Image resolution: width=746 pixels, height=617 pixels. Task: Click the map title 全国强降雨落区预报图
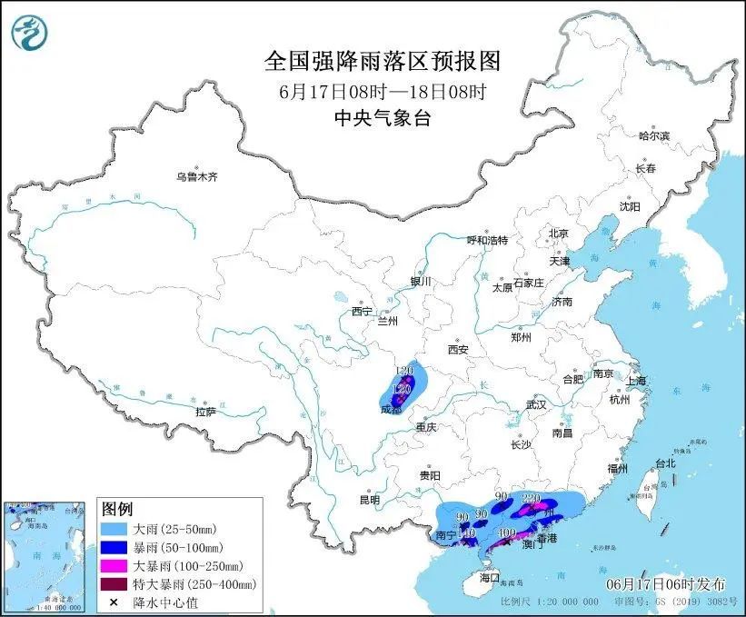click(382, 62)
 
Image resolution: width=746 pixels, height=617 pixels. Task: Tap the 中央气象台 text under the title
click(382, 116)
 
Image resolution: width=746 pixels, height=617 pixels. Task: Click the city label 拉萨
click(205, 412)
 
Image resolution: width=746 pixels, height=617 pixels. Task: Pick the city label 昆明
click(369, 499)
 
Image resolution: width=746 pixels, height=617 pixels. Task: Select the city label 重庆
click(427, 427)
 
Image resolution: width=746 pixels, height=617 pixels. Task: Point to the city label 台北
click(664, 463)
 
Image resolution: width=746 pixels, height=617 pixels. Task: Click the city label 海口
click(490, 577)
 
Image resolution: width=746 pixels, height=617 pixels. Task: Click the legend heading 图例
click(117, 508)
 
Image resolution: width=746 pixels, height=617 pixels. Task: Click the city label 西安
click(457, 349)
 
